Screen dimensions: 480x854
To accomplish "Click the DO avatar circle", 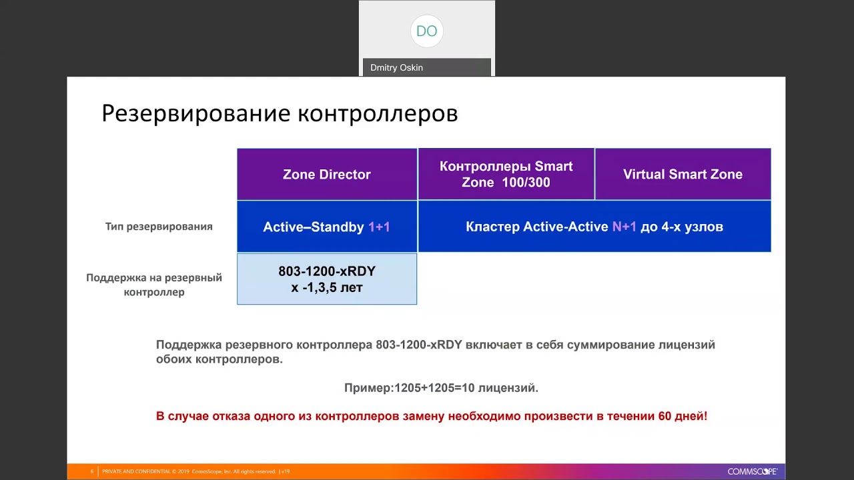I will click(426, 31).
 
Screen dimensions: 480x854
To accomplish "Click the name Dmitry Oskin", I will click(396, 67).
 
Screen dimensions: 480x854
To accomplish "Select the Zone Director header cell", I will click(327, 175).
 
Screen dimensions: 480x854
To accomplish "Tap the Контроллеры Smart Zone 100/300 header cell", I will click(506, 174).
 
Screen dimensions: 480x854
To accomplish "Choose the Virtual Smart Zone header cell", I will click(683, 175).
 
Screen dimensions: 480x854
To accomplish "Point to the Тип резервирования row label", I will click(159, 227).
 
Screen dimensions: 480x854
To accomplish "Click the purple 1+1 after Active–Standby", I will click(379, 227).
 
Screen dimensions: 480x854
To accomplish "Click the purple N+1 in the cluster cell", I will click(624, 227).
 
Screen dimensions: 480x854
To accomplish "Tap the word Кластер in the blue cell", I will click(492, 227).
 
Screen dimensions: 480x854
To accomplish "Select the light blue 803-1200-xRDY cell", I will click(327, 279).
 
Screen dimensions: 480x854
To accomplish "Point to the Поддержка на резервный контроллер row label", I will click(154, 285).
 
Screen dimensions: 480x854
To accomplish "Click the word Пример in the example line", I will click(368, 388).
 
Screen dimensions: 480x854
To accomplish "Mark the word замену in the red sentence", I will click(424, 416).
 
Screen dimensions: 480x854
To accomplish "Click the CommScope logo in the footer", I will click(752, 471).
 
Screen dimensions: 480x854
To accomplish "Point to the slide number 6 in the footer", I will click(92, 471).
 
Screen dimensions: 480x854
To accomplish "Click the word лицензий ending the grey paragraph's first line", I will click(687, 345).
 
